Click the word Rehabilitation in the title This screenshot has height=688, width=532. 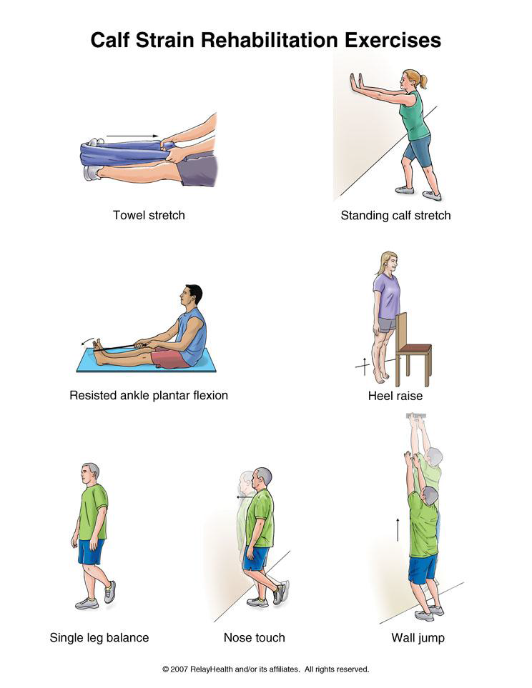[x=270, y=40]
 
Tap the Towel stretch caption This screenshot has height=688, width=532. [x=149, y=215]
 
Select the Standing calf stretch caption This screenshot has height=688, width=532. [x=396, y=216]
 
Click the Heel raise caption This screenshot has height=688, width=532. [x=395, y=396]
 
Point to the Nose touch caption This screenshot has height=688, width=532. [x=255, y=637]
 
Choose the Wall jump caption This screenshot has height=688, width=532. [x=418, y=638]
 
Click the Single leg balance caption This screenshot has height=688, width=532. [x=99, y=638]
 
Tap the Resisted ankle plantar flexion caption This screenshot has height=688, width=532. [x=149, y=395]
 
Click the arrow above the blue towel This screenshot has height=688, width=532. [x=132, y=136]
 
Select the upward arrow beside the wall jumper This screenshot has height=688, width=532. [x=398, y=529]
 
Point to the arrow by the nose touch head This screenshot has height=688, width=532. [x=245, y=497]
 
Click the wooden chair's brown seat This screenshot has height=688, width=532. [x=414, y=349]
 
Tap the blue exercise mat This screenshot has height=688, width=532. [x=147, y=361]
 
